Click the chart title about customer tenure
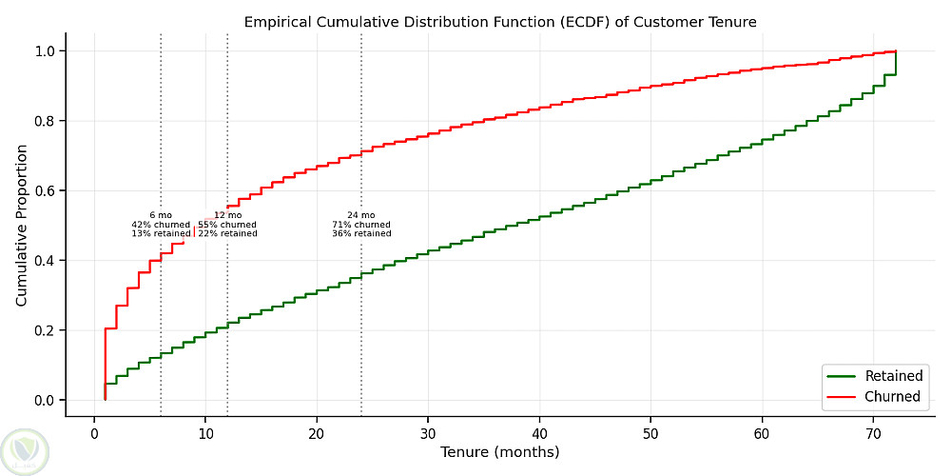500,21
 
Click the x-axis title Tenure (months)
500,452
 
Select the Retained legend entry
893,376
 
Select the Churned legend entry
892,396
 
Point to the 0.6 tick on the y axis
46,190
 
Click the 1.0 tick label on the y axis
46,50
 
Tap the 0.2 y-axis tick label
46,330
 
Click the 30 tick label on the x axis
428,433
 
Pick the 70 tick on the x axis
873,433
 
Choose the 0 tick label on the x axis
94,433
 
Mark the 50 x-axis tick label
650,433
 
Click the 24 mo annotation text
361,215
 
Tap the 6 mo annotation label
161,215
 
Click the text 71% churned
361,225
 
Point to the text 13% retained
161,233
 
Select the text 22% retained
227,233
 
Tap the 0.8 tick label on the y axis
46,121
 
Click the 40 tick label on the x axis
539,433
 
